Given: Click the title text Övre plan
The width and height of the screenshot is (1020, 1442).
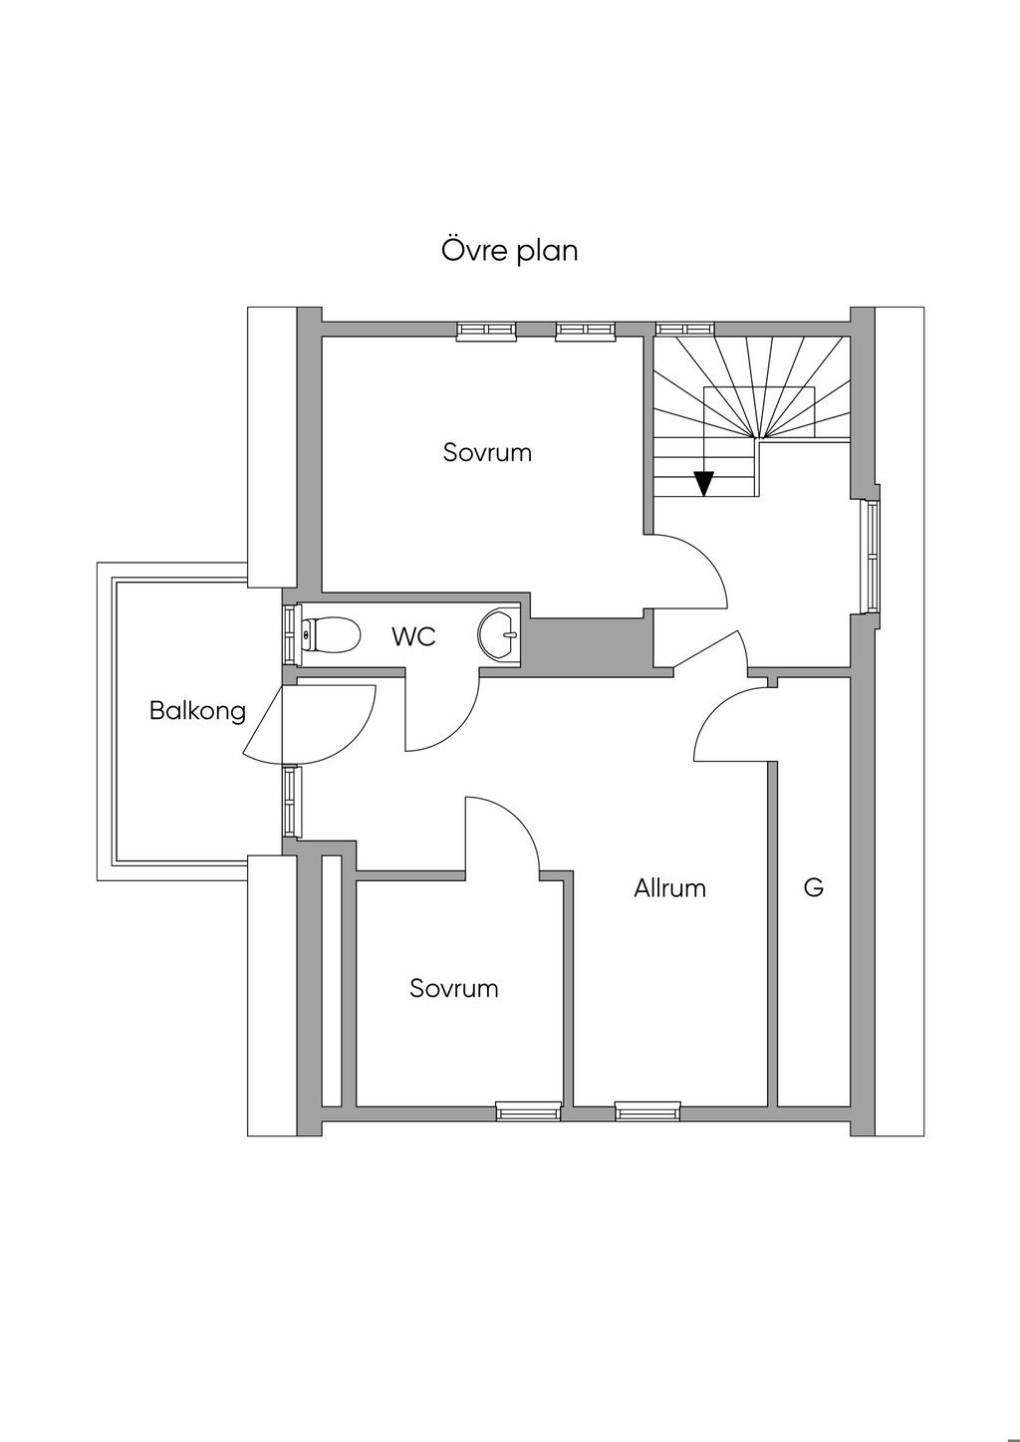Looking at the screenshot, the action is click(509, 250).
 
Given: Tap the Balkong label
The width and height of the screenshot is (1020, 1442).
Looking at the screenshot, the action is click(197, 711).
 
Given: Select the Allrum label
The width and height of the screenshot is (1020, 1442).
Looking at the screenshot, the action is click(669, 888).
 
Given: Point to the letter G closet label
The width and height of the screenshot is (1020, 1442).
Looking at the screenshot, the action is click(813, 887).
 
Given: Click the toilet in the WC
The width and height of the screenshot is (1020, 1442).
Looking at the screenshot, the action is click(331, 634).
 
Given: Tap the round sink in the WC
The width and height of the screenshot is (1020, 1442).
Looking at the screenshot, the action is click(498, 635).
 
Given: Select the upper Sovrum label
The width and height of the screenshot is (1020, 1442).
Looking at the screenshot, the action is click(487, 452).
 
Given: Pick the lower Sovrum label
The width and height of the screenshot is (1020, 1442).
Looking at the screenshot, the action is click(454, 988).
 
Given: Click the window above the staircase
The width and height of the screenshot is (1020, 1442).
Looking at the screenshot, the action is click(685, 329).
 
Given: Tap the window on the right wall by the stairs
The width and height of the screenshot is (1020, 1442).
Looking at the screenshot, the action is click(872, 557).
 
